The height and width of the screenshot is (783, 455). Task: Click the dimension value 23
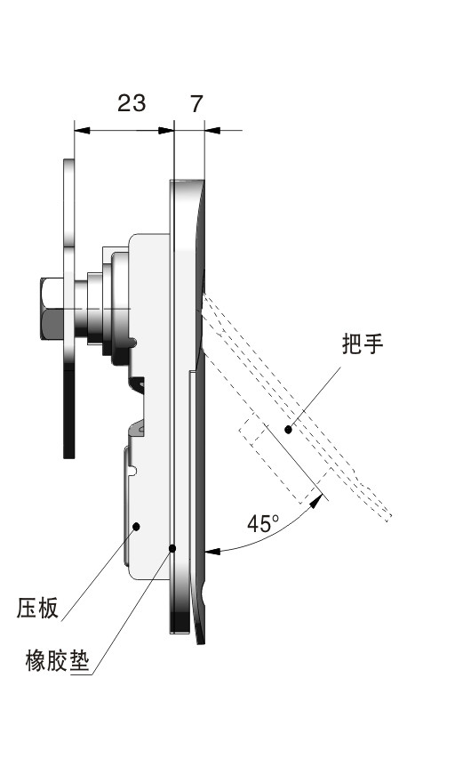[132, 103]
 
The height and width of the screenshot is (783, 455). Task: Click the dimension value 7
[197, 103]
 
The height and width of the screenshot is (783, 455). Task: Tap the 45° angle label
[263, 523]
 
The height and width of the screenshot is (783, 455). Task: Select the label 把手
[363, 343]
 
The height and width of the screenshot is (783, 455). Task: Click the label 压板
[37, 608]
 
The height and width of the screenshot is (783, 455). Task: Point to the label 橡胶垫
[57, 660]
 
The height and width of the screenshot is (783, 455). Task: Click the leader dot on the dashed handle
[287, 429]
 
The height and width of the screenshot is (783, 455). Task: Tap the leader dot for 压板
[136, 526]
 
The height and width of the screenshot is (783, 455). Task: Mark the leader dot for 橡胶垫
[172, 548]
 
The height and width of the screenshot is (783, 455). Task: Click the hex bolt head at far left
[52, 309]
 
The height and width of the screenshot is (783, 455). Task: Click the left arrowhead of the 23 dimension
[83, 130]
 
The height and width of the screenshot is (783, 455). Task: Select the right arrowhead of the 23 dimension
[165, 130]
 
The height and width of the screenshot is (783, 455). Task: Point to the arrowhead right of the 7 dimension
[213, 130]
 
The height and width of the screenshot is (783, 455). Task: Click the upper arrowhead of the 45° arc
[315, 501]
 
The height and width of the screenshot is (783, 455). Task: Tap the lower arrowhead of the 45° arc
[212, 552]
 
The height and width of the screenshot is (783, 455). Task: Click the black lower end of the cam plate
[69, 411]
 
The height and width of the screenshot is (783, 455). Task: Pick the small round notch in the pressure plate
[133, 471]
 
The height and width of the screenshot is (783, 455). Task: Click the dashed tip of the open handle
[388, 518]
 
